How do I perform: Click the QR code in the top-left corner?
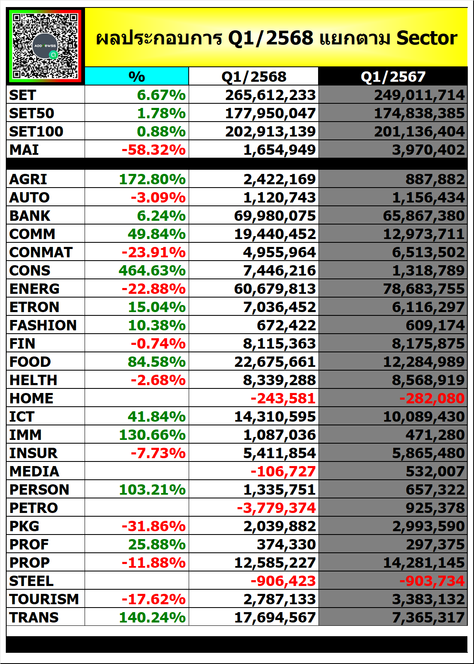tap(45, 46)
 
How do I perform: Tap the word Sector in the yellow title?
tap(427, 38)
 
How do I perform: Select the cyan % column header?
tap(136, 76)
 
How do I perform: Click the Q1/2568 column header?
tap(254, 77)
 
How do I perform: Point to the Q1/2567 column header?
tap(393, 77)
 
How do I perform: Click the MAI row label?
tap(24, 150)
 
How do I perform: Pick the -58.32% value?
tap(154, 150)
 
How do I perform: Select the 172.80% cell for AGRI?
tap(152, 179)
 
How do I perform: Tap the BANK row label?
tap(29, 216)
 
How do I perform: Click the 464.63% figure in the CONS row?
tap(152, 271)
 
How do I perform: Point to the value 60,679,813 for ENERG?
tap(275, 289)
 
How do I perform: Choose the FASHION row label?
tap(43, 325)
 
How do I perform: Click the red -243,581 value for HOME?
tap(283, 398)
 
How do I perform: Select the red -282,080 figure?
tap(432, 398)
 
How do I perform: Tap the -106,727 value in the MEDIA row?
tap(283, 471)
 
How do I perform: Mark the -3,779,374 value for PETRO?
tap(277, 508)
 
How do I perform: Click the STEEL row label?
tap(32, 581)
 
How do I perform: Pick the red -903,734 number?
tap(432, 581)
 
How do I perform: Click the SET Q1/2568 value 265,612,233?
tap(270, 95)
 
